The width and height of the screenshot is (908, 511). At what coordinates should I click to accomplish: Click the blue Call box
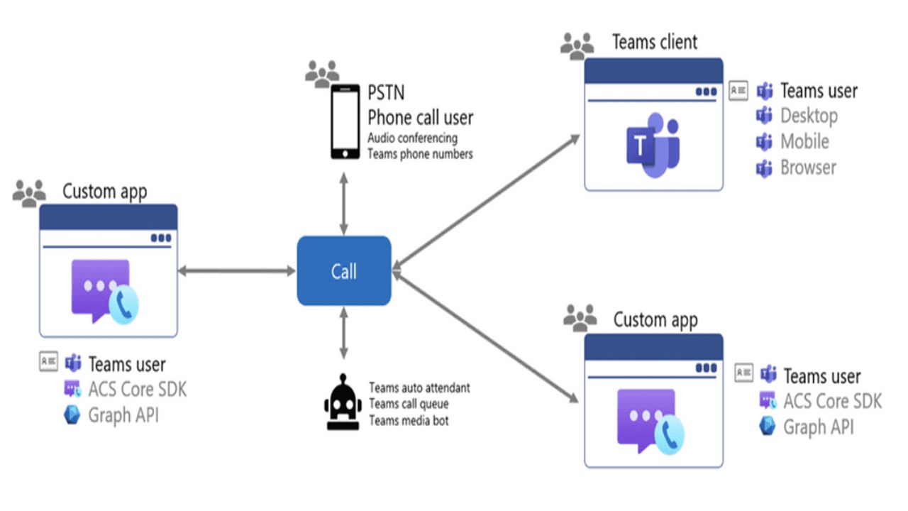[x=344, y=270]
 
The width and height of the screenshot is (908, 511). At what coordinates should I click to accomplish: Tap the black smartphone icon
[x=345, y=121]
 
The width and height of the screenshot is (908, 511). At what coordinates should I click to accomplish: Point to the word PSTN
[x=387, y=93]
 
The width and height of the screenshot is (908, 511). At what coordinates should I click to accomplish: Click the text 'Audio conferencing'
[x=412, y=138]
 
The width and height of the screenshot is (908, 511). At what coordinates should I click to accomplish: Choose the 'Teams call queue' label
[x=409, y=405]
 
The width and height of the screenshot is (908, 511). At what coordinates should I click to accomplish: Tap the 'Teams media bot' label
[x=409, y=421]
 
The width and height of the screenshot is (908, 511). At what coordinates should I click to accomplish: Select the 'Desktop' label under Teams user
[x=809, y=115]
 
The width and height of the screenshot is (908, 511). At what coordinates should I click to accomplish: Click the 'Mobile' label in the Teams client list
[x=804, y=141]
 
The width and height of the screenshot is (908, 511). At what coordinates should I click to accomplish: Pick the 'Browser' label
[x=808, y=167]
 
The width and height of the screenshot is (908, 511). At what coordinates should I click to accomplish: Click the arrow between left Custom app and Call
[x=237, y=270]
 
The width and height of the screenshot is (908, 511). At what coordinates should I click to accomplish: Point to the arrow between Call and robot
[x=344, y=333]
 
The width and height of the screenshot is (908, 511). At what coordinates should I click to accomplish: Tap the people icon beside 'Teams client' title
[x=577, y=45]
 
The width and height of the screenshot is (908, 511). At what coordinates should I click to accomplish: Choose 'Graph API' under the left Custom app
[x=123, y=415]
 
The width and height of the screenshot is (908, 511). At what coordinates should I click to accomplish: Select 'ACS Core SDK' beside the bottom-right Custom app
[x=832, y=401]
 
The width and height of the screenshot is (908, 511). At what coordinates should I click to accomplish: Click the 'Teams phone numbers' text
[x=420, y=153]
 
